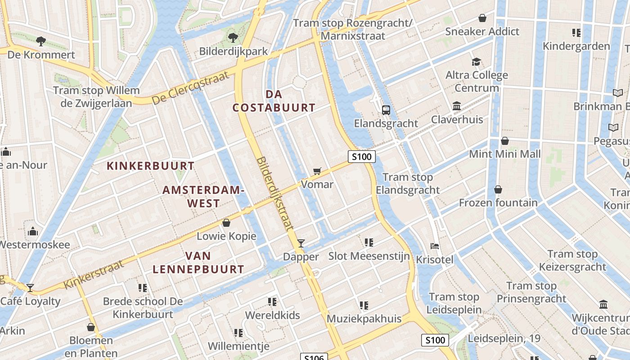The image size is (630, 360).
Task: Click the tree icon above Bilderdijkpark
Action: [x=233, y=37]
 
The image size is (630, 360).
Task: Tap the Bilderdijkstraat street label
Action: [x=274, y=201]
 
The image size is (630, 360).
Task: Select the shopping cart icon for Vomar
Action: [x=317, y=171]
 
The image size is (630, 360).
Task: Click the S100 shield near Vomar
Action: [x=362, y=157]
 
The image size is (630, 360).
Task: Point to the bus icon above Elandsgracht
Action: [x=386, y=110]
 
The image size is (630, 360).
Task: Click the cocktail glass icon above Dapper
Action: [x=301, y=243]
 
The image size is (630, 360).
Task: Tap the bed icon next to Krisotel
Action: [x=435, y=246]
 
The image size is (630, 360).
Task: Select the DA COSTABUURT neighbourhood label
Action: [x=274, y=101]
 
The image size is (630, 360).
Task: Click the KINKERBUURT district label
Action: [x=150, y=166]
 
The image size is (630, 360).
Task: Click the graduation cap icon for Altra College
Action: [x=476, y=62]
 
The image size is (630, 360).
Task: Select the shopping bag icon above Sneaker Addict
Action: [x=482, y=18]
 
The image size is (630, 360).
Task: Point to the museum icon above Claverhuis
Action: [x=457, y=106]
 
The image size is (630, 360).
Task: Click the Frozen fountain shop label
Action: [x=498, y=203]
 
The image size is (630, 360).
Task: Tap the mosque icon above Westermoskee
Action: [x=33, y=231]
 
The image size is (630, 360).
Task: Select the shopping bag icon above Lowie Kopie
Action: [x=226, y=223]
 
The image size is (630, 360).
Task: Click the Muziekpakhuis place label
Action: [x=364, y=319]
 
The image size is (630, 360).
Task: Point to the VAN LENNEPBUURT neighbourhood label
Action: [x=198, y=263]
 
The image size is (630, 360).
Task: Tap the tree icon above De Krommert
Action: [x=41, y=41]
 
